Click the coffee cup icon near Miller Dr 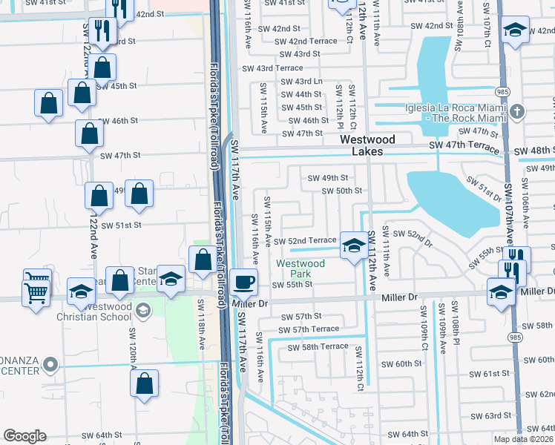[244, 282]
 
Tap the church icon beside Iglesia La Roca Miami [517, 112]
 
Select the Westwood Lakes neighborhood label [361, 145]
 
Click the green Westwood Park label [301, 268]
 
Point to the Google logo [24, 435]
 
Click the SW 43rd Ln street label [302, 81]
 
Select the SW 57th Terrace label [309, 329]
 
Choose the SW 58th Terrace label [318, 346]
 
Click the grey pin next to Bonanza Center [50, 363]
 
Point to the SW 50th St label [341, 191]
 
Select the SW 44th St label [301, 94]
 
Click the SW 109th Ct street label [424, 326]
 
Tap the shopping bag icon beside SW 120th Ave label [145, 383]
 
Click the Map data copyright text [524, 439]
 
